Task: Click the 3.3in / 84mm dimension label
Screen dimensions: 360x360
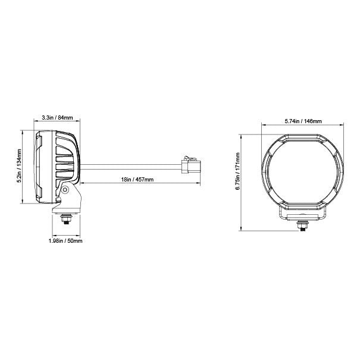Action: click(57, 118)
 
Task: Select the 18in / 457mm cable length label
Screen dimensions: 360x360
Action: click(137, 180)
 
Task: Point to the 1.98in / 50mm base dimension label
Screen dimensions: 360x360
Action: click(65, 241)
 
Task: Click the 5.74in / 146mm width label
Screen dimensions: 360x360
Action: click(303, 121)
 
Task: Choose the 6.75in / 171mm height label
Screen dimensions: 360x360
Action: click(237, 171)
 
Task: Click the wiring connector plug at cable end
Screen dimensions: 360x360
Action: click(191, 165)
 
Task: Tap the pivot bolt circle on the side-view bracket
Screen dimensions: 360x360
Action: click(65, 190)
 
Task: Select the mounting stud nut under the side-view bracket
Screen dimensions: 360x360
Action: click(66, 218)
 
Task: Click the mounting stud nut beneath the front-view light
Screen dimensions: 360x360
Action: click(303, 226)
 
